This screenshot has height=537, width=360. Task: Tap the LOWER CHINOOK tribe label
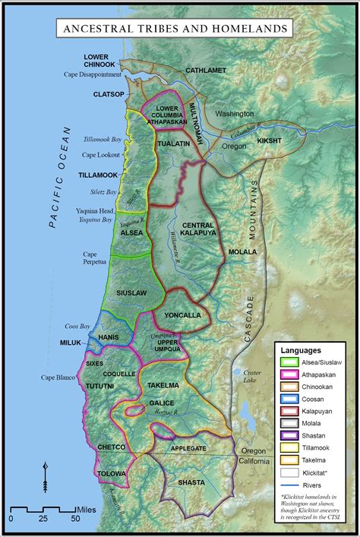click(x=99, y=61)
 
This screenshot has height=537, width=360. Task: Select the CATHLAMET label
click(x=206, y=70)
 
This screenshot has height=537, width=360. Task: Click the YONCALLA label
click(x=180, y=315)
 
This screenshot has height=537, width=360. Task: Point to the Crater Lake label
click(x=252, y=376)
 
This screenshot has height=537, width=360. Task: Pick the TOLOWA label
click(x=112, y=473)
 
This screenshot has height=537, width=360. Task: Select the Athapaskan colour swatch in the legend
click(x=289, y=373)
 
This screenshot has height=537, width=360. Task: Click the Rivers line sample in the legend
click(x=289, y=482)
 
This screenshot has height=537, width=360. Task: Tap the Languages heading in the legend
click(x=302, y=349)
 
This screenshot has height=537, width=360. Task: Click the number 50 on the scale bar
click(x=75, y=518)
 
